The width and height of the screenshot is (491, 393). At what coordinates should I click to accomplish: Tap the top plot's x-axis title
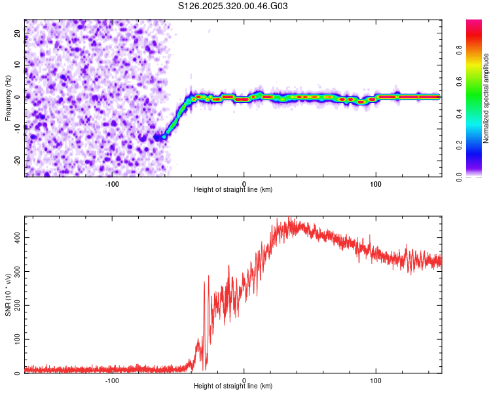[233, 189]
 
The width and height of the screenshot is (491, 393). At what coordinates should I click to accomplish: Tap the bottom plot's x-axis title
[233, 386]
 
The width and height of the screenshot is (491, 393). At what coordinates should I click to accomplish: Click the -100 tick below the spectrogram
[112, 183]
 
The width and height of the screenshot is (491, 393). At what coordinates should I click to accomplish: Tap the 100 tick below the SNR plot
[376, 379]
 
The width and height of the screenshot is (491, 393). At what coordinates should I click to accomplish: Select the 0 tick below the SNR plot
[244, 379]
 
